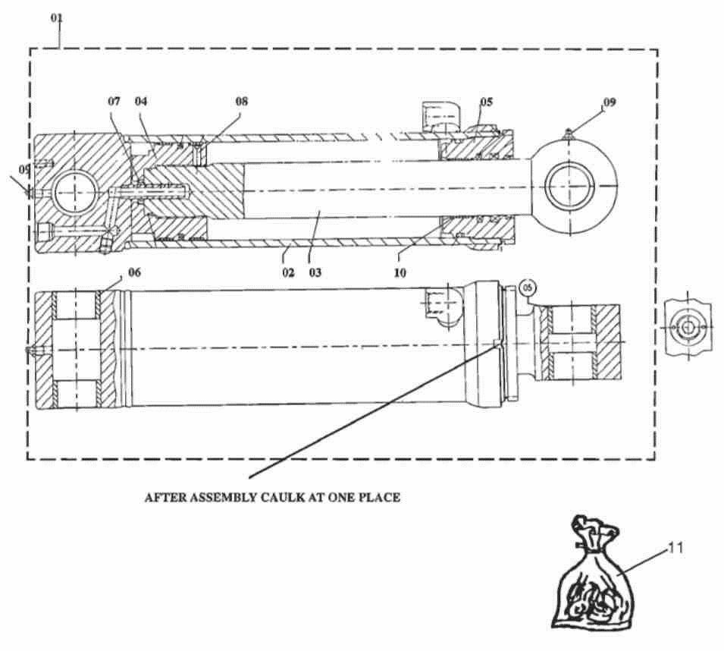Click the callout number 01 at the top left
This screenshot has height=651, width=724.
[x=57, y=18]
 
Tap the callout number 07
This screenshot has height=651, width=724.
[x=114, y=101]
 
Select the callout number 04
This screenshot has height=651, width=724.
[x=141, y=101]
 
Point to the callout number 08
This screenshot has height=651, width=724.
[x=242, y=101]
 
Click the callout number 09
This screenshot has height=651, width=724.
[x=610, y=102]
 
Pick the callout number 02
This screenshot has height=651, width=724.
[x=288, y=272]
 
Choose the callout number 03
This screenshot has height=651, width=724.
[x=315, y=272]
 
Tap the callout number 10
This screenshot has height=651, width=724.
[x=400, y=273]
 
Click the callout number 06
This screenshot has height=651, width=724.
[x=134, y=272]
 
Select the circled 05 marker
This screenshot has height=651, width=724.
[x=528, y=288]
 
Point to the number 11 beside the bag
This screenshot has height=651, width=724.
[x=675, y=549]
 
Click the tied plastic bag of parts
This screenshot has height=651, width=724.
[x=593, y=574]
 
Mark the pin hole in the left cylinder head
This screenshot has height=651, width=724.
[x=75, y=191]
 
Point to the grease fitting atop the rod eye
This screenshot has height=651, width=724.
[x=569, y=134]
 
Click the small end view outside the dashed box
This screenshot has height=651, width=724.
[x=688, y=327]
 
